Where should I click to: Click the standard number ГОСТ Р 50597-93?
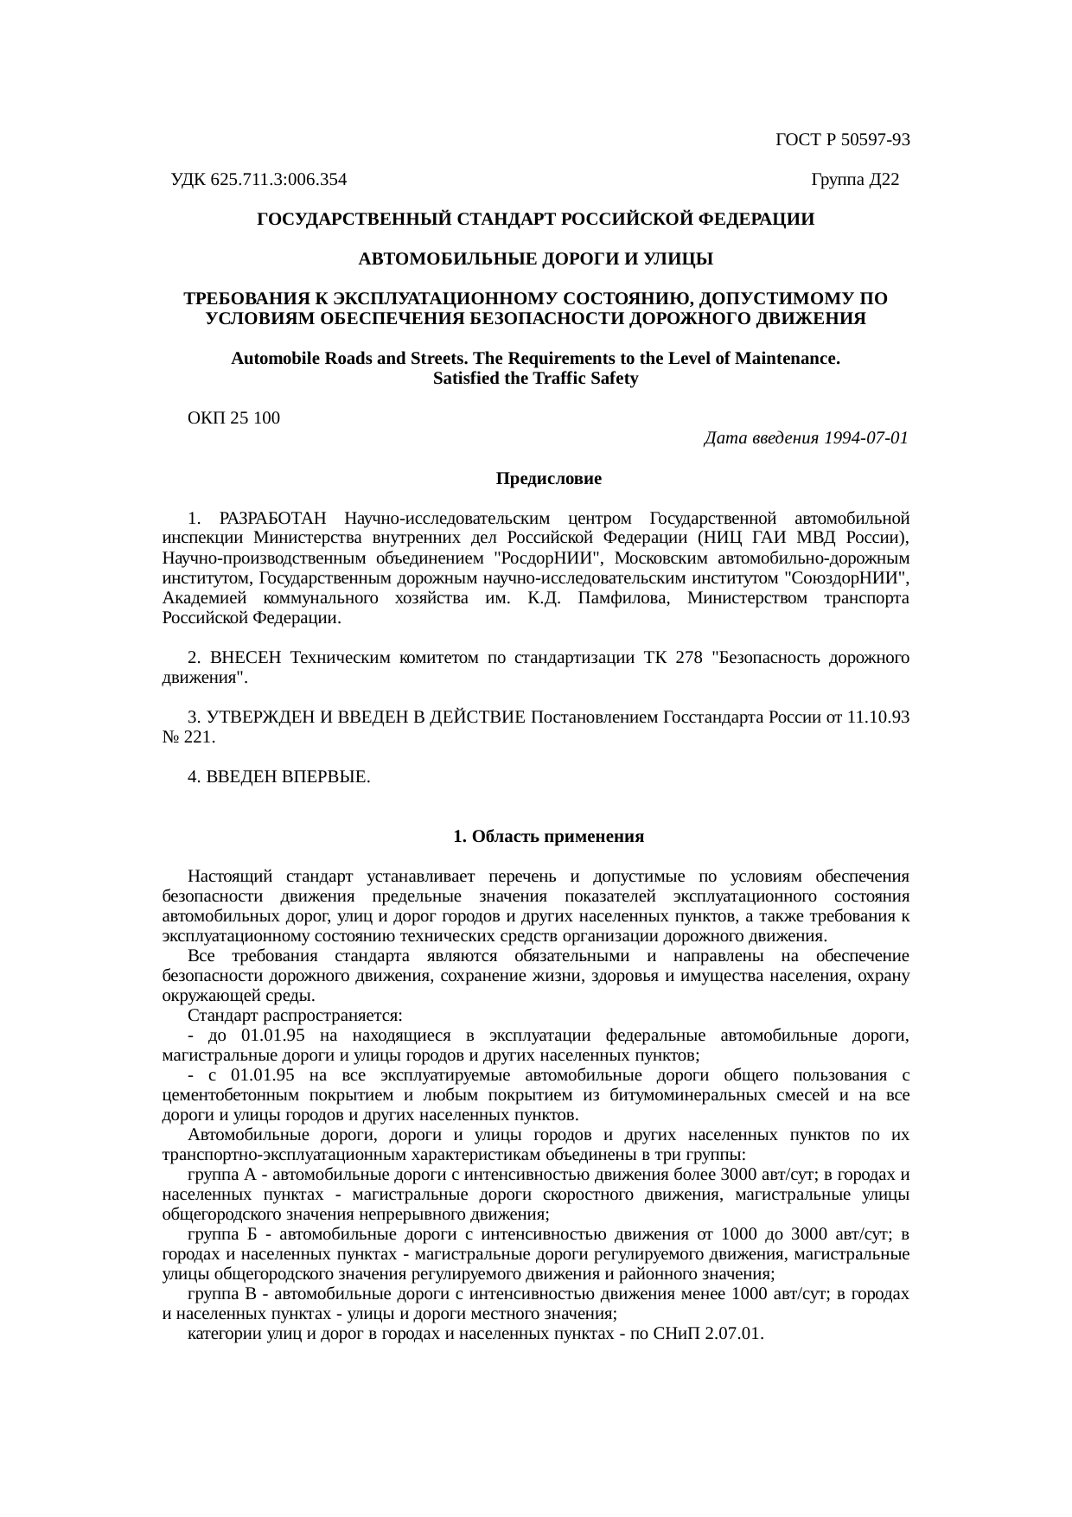click(x=842, y=140)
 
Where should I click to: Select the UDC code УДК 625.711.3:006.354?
click(x=259, y=180)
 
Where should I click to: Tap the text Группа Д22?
click(x=855, y=180)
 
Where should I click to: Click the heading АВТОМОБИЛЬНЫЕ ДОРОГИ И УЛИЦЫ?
click(x=535, y=259)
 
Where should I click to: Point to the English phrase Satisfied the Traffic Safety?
click(x=535, y=379)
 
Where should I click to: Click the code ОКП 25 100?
click(x=233, y=418)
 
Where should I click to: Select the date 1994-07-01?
click(x=865, y=438)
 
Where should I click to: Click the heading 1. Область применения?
click(x=548, y=837)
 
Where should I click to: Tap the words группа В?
click(x=222, y=1294)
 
